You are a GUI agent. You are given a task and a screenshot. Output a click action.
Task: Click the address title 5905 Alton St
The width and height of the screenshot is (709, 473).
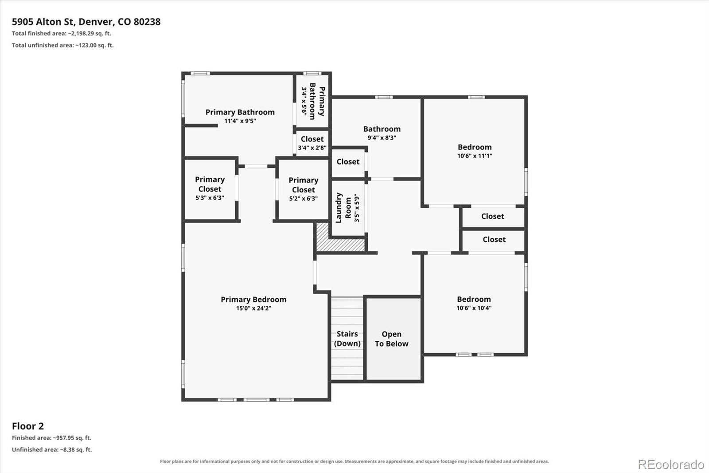86,22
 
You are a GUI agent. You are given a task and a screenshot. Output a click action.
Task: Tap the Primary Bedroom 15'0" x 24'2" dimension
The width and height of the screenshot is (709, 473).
253,308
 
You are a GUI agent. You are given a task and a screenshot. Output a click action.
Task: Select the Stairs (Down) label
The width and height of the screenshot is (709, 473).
347,339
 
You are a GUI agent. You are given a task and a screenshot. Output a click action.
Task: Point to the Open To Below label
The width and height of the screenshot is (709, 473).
392,339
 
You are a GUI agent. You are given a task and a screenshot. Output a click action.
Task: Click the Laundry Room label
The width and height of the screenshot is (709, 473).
343,208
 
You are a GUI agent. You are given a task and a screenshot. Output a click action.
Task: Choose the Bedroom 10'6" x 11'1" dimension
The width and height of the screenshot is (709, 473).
475,156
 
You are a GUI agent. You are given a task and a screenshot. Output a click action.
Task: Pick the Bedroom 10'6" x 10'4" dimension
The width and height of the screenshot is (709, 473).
474,308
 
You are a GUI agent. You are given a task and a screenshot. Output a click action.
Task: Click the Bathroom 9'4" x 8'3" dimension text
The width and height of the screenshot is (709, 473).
382,138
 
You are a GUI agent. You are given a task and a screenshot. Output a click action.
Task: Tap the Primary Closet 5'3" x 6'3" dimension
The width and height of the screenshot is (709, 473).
210,198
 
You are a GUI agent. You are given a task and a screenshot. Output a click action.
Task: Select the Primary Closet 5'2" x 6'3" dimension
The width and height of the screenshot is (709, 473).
303,198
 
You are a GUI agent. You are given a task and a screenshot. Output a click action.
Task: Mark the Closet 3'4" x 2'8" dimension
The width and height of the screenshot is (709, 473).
312,148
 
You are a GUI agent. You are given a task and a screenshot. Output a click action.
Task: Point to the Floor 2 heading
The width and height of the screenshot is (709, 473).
28,426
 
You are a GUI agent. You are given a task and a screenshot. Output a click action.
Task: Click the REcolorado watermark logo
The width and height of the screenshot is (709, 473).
671,465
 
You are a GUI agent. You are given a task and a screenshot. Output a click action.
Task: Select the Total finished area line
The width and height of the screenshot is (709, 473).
62,33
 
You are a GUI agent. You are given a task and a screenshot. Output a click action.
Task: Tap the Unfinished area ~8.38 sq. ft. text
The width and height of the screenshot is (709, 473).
52,449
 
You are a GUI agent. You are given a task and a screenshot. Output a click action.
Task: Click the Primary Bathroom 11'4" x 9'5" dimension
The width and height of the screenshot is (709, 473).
240,121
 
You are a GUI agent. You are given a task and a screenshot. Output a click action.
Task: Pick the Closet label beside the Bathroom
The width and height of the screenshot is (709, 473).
348,162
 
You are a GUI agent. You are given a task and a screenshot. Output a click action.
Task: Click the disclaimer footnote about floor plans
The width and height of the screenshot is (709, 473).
354,461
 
